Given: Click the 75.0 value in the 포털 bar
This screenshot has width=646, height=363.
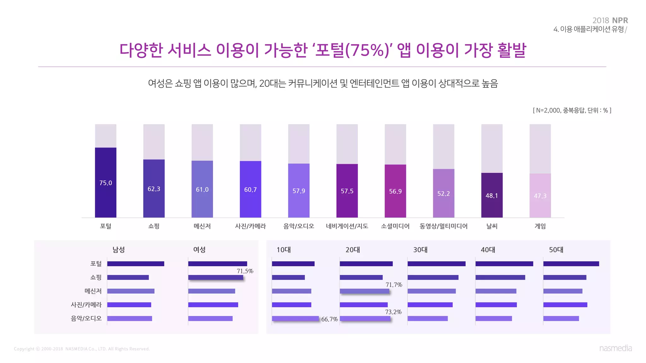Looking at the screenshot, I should pos(105,183).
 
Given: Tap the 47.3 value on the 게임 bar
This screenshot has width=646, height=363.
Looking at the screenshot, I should pos(540,196).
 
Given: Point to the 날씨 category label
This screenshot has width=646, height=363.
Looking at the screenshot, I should pos(492,226).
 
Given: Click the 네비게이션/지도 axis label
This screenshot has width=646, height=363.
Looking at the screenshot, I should pos(347,226).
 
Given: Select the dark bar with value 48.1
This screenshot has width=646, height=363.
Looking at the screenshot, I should pos(492,195).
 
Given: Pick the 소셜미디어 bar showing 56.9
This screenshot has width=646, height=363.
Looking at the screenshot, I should pos(395,191).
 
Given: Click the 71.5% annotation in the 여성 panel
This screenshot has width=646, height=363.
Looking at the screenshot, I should pos(245,271).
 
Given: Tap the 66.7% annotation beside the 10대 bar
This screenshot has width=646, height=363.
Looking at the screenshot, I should pos(329,319).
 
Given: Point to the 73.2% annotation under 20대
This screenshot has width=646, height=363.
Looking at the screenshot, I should pos(393,312).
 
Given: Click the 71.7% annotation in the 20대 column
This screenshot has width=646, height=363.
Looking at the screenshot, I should pos(394,285).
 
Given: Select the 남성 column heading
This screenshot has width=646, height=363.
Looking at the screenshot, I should pos(119,250).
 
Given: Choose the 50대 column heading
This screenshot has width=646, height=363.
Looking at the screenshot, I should pos(556,250).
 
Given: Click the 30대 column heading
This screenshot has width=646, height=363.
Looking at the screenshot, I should pos(420,250).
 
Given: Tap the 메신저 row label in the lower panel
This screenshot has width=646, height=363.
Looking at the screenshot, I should pos(93,291).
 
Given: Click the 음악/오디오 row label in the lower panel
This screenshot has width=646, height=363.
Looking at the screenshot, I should pos(86,319).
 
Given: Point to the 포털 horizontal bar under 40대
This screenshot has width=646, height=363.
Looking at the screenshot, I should pos(504,264).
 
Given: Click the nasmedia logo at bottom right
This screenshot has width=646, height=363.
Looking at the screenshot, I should pos(615,348).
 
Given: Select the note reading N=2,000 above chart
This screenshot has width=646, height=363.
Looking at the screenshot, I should pos(572,110).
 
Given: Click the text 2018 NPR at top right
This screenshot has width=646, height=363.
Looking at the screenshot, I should pos(610,20).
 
